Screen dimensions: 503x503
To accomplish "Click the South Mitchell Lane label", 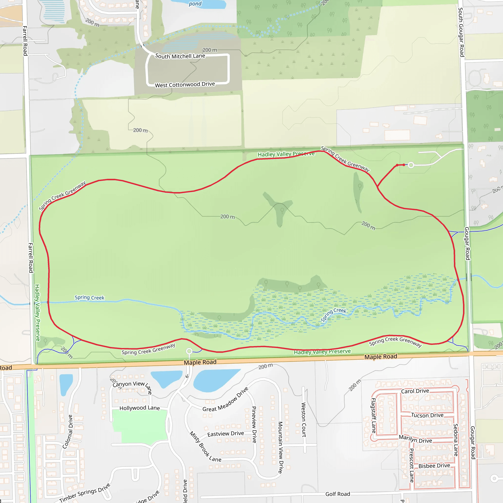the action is [180, 56].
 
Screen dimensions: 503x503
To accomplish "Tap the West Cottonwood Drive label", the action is [185, 85].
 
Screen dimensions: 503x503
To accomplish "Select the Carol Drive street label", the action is [415, 391].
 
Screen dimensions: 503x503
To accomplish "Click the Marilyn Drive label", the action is [415, 439].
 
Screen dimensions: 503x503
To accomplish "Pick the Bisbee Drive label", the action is [434, 466].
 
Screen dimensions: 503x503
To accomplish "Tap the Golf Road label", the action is [338, 494].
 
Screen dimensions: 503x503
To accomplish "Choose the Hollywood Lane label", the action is [140, 408].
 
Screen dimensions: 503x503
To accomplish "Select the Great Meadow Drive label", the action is [225, 400].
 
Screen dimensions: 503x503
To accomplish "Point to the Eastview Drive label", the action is [225, 434].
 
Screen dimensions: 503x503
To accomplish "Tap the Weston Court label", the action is [304, 420].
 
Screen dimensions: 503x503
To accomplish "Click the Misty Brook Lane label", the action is [205, 447].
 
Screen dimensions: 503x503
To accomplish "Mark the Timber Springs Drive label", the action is [85, 493].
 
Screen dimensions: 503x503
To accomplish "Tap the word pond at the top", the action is [195, 4].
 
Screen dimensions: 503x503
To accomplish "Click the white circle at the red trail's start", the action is [411, 165].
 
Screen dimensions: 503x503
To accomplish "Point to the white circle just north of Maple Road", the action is [189, 351].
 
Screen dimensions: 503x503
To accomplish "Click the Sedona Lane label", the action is [456, 440].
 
